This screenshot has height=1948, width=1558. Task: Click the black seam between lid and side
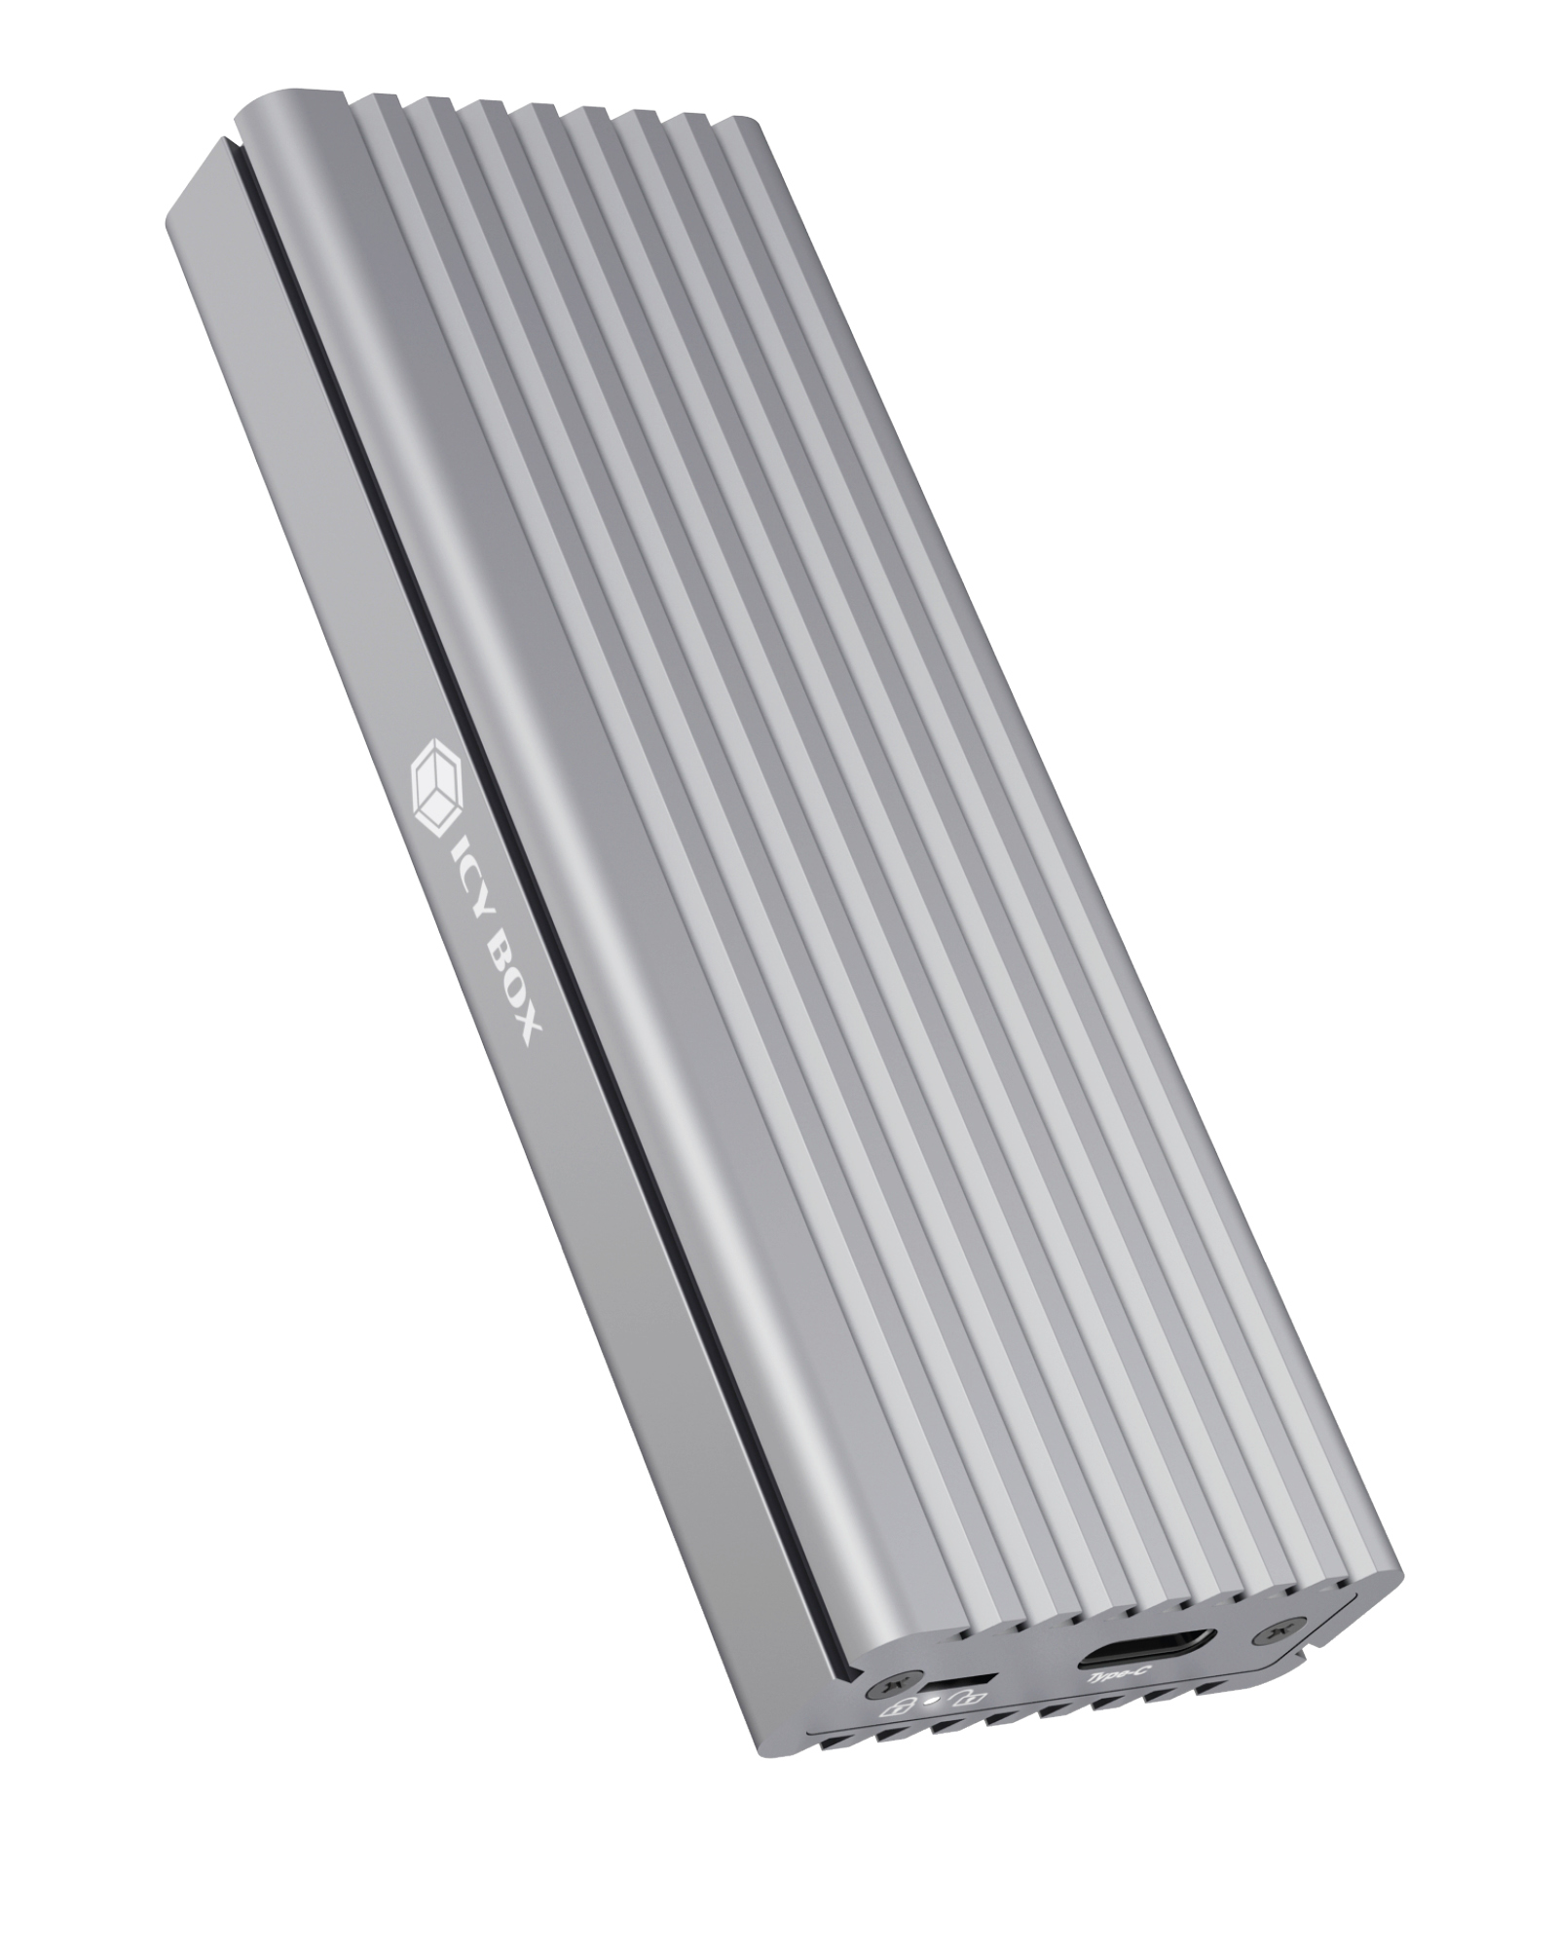tap(438, 682)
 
